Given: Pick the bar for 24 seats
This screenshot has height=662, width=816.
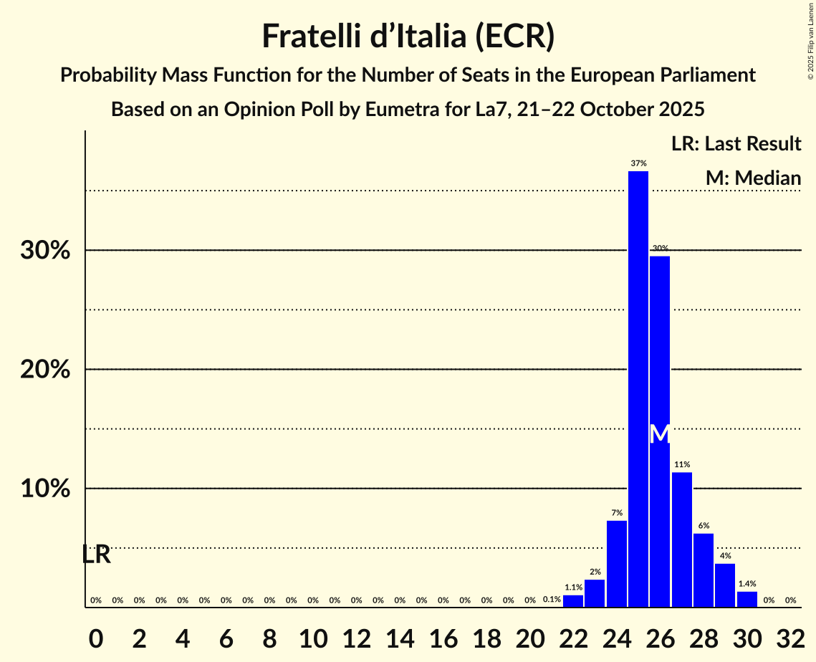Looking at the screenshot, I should pos(617,564).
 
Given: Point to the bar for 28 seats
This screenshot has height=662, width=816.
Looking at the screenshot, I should pos(704,570).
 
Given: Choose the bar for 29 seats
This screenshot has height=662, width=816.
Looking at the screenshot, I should pos(725,585).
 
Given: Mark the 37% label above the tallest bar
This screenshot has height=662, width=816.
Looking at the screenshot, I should pos(638,163).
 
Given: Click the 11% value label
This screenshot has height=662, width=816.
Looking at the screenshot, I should pos(682,465).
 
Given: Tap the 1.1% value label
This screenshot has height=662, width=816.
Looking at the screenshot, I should pos(573,587).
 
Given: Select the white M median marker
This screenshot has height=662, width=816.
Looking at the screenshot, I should pos(660,433).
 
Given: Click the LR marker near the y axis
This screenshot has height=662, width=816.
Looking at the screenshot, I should pos(96,555).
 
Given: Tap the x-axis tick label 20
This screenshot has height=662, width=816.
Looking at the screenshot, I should pos(530,635).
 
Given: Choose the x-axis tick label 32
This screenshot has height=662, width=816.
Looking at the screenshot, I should pos(790,635).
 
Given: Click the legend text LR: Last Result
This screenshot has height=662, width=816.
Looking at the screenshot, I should pos(736,144).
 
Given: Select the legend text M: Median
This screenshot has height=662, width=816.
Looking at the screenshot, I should pos(753,178).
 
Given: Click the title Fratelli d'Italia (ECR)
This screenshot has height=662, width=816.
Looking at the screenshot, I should pos(408,36).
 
